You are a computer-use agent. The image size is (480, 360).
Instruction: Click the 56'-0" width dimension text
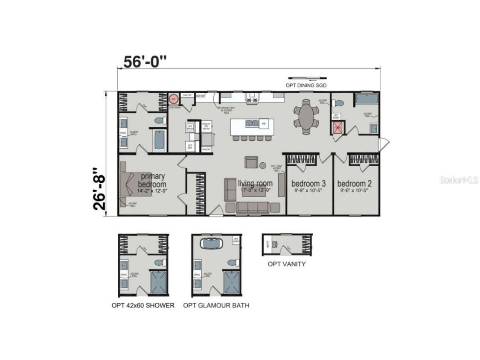(x=144, y=62)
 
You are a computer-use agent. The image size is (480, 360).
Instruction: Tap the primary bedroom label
(x=152, y=180)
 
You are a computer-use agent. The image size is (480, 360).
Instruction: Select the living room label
(x=255, y=183)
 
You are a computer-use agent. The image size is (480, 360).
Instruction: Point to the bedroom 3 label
(x=308, y=183)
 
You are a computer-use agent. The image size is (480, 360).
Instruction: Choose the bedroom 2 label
(x=355, y=183)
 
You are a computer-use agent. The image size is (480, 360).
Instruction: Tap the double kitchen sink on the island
(x=251, y=123)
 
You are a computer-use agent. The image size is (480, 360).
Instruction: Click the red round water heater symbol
(x=173, y=99)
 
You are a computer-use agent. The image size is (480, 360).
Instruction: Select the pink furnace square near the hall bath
(x=338, y=127)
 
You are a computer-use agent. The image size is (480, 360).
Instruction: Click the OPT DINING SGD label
(x=306, y=85)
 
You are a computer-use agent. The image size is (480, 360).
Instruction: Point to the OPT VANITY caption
(x=286, y=264)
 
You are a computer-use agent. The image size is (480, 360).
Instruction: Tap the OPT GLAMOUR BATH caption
(x=216, y=305)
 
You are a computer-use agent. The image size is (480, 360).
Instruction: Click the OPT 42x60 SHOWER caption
(x=143, y=305)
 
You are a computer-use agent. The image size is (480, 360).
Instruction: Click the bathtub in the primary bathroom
(x=159, y=140)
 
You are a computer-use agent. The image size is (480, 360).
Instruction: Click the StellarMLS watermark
(x=458, y=180)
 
